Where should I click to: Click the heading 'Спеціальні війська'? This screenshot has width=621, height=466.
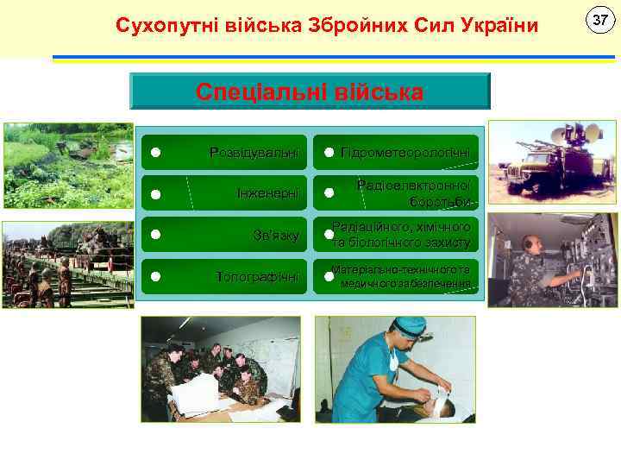tap(310, 92)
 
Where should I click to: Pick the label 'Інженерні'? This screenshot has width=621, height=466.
tap(267, 193)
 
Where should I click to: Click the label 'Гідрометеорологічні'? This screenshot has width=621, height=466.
tap(405, 153)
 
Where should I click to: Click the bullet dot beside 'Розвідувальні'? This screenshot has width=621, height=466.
tap(154, 153)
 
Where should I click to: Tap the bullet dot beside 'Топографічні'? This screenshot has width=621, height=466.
tap(154, 276)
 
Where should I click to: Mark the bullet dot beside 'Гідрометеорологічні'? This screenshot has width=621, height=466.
tap(329, 153)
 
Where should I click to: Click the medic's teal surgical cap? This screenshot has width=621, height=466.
tap(410, 327)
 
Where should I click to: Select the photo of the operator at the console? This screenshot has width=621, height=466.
tap(553, 260)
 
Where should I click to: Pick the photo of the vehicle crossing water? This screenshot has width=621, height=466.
tap(68, 166)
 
